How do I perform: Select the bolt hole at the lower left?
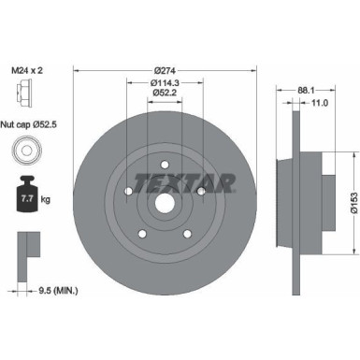(143, 233)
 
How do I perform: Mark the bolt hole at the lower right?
(188, 233)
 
